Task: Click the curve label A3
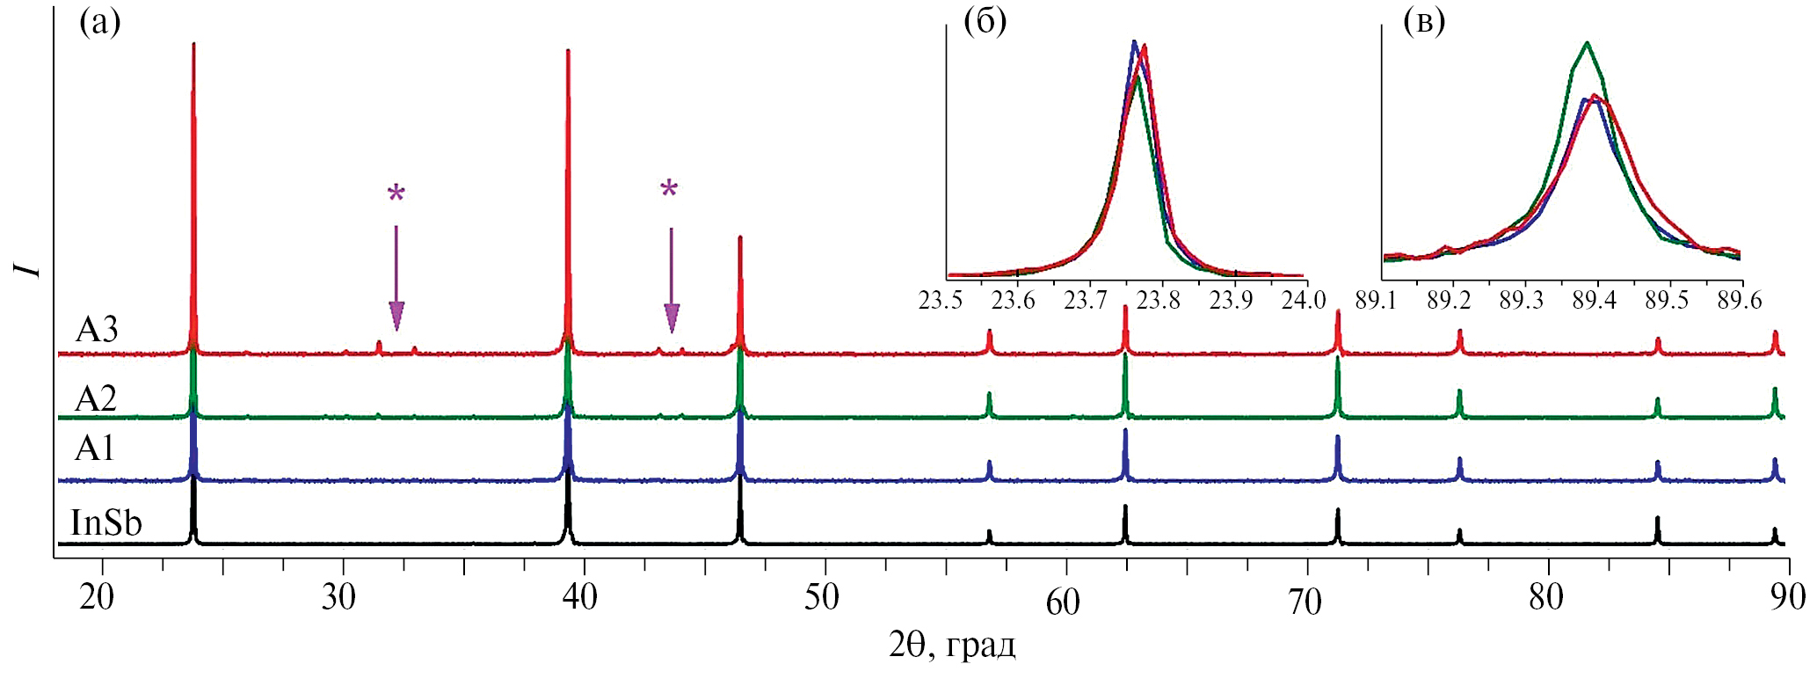pyautogui.click(x=97, y=331)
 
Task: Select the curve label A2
pyautogui.click(x=96, y=399)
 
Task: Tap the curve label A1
pyautogui.click(x=94, y=449)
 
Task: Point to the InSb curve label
pyautogui.click(x=106, y=523)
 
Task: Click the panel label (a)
pyautogui.click(x=99, y=22)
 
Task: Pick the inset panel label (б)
pyautogui.click(x=985, y=21)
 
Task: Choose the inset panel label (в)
pyautogui.click(x=1424, y=21)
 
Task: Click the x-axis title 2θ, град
pyautogui.click(x=952, y=646)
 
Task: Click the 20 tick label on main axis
pyautogui.click(x=97, y=598)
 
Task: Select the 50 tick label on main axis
pyautogui.click(x=822, y=598)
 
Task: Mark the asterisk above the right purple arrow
pyautogui.click(x=670, y=189)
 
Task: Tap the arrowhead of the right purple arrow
pyautogui.click(x=672, y=318)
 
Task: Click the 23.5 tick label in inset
pyautogui.click(x=941, y=301)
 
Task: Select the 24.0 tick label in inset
pyautogui.click(x=1304, y=301)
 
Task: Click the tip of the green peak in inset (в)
pyautogui.click(x=1587, y=42)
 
